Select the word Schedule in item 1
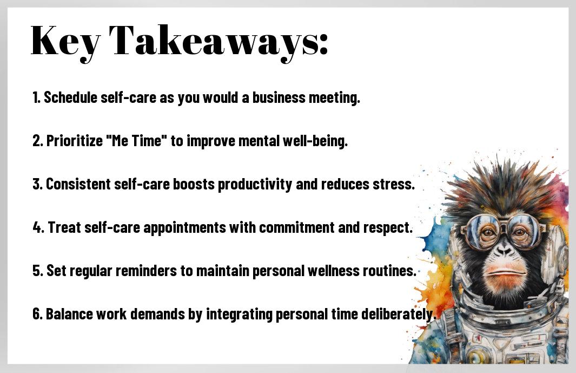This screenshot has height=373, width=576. [x=70, y=97]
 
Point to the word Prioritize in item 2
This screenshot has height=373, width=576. [x=75, y=141]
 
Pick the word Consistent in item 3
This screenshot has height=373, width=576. [x=78, y=184]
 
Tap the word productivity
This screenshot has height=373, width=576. [x=255, y=185]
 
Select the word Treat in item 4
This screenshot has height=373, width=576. [x=64, y=227]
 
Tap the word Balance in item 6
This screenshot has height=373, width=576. [x=69, y=314]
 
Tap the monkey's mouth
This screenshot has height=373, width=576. [x=505, y=273]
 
